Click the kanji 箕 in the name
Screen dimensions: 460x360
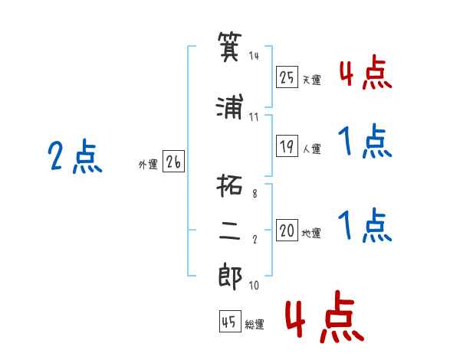point(230,47)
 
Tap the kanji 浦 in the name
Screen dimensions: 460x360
point(230,106)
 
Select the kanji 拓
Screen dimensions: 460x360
point(229,185)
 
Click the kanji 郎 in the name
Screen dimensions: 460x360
point(230,277)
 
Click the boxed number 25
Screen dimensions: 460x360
point(287,77)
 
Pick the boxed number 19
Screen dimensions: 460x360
point(287,146)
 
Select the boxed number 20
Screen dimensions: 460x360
point(287,230)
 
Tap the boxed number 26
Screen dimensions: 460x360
point(173,162)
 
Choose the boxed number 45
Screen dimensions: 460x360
point(230,321)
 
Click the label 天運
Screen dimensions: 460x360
point(312,80)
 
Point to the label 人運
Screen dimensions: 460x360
point(312,149)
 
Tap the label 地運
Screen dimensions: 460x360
point(311,234)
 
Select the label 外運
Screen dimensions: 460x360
point(148,165)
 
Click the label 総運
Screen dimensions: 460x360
point(255,324)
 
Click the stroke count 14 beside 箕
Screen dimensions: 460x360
point(254,55)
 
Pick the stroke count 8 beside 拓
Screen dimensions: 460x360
point(255,194)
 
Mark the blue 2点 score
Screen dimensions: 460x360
point(75,156)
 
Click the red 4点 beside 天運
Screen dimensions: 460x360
point(366,71)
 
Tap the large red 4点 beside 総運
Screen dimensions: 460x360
point(324,316)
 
